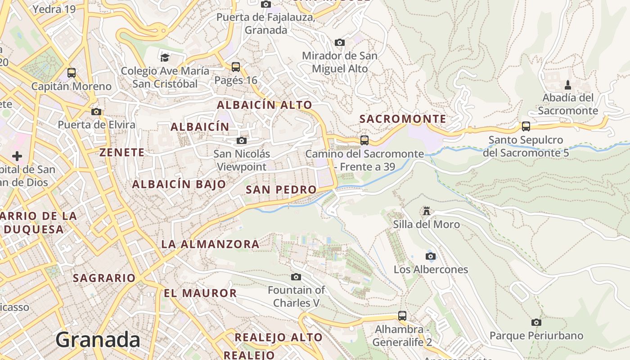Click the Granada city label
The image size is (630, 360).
[x=98, y=340]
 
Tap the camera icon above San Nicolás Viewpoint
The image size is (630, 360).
[x=242, y=140]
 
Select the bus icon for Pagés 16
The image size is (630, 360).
[x=235, y=67]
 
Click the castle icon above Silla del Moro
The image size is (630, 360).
[x=426, y=211]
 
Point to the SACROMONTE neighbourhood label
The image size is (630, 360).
[x=403, y=119]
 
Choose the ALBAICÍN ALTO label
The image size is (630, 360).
[x=265, y=105]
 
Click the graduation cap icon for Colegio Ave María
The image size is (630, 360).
[x=165, y=58]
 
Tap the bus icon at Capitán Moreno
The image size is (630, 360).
[x=72, y=72]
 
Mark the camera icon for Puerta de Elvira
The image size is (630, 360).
[x=96, y=112]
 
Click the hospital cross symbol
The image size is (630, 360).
[x=17, y=156]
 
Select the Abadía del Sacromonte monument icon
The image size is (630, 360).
[x=567, y=85]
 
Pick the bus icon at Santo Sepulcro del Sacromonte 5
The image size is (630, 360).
[x=526, y=126]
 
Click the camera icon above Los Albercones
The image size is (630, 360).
[x=431, y=256]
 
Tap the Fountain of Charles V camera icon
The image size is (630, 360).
[x=296, y=277]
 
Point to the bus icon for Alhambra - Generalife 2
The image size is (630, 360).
[x=402, y=316]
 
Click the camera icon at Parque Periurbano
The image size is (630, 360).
[x=536, y=322]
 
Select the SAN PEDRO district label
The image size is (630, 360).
[x=281, y=190]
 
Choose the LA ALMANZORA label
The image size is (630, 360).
[x=210, y=244]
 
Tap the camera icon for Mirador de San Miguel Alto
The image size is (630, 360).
[x=340, y=43]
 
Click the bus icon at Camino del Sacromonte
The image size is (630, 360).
[x=364, y=140]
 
